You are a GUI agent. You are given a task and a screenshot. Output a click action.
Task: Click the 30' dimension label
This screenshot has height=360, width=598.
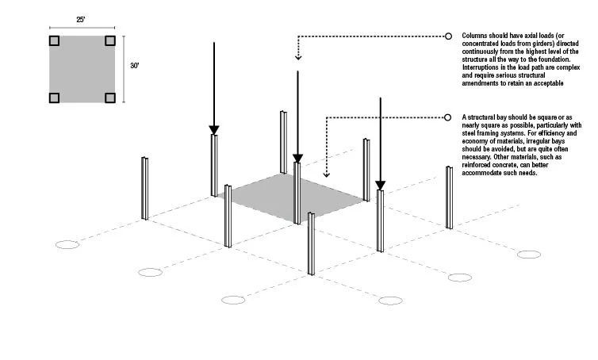tap(136, 68)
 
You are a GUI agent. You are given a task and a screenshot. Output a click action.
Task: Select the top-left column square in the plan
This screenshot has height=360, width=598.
tap(54, 40)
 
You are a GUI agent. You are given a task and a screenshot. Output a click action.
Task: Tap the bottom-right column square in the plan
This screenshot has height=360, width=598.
tap(110, 98)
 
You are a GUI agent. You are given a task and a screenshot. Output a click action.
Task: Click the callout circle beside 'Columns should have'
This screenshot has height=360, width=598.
tap(448, 36)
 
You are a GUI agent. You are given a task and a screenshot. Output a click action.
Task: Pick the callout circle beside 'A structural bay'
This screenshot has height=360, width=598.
tap(448, 117)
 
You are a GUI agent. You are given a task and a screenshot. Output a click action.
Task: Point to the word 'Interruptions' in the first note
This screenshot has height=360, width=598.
tap(481, 67)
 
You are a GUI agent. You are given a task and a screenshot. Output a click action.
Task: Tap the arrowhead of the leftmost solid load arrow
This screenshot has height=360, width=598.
tap(213, 129)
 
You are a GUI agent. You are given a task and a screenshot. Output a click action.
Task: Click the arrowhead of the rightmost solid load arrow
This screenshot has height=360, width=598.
tap(380, 186)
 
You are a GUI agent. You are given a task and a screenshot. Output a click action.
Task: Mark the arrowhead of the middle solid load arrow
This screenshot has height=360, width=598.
tap(297, 158)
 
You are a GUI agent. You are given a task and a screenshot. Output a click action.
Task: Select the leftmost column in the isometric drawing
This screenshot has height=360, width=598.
tap(145, 188)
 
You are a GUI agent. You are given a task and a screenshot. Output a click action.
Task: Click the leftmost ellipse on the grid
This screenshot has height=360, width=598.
tap(69, 244)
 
